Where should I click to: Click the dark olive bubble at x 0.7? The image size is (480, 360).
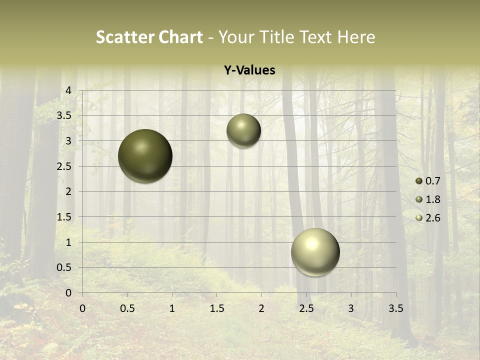[x=145, y=156]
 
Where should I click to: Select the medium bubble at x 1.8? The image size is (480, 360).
[x=243, y=130]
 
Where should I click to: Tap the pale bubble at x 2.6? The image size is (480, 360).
[x=315, y=252]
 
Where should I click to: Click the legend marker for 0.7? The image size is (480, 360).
[x=419, y=181]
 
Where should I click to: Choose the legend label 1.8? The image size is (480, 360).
[x=432, y=199]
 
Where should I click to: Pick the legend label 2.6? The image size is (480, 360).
[x=432, y=218]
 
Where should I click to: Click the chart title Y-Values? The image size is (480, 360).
[x=249, y=70]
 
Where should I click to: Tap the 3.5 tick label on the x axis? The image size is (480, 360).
[x=396, y=308]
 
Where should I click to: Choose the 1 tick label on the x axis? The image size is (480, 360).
[x=172, y=308]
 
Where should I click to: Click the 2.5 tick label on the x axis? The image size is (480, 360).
[x=306, y=308]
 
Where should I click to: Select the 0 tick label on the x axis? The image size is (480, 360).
[x=82, y=308]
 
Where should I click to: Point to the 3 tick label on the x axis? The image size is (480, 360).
[x=351, y=308]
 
